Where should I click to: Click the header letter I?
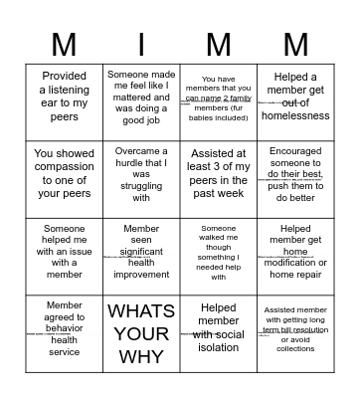point(141,44)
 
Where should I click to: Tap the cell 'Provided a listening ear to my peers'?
point(64,97)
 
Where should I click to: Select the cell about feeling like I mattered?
point(141,97)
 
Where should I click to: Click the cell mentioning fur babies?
point(219,97)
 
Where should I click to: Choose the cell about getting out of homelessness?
point(294,97)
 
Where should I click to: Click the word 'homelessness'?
point(294,116)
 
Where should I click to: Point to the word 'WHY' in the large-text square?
point(141,355)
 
